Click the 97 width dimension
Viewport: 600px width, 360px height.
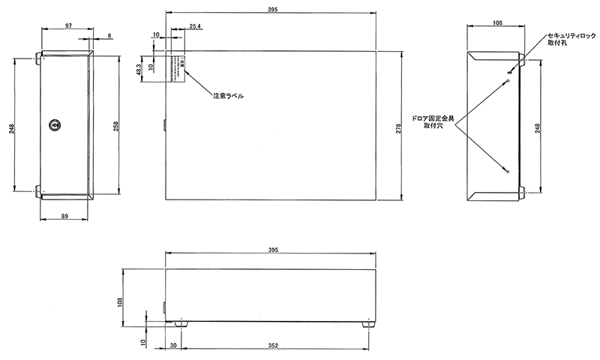[68, 26]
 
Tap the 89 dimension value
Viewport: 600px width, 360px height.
[65, 216]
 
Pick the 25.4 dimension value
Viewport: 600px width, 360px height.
[195, 26]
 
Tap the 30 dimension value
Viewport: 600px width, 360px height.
[172, 345]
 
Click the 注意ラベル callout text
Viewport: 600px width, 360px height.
[228, 97]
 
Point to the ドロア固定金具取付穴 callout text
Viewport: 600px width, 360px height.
[439, 123]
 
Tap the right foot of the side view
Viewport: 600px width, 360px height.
[368, 325]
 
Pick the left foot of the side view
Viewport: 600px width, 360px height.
[180, 325]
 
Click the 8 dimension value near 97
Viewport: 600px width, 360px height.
[110, 35]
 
